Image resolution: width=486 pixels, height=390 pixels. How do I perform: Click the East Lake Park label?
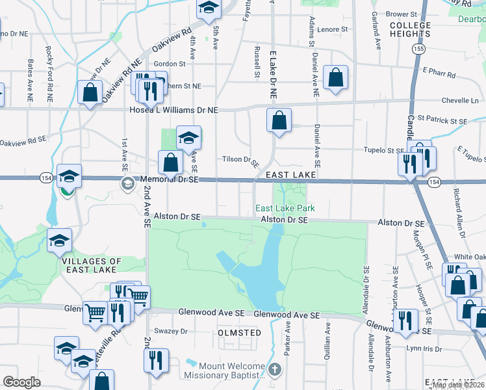[x=285, y=208]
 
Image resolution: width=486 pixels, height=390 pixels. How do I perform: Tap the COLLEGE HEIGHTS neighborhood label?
[x=410, y=30]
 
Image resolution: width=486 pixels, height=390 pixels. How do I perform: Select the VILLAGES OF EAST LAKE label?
[x=92, y=265]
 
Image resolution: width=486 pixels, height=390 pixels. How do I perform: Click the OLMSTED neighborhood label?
[x=238, y=333]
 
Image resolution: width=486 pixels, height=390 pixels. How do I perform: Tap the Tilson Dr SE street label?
[x=240, y=159]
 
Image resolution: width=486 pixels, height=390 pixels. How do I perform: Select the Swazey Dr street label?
[x=174, y=331]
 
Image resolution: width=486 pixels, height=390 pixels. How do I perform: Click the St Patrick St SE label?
[x=442, y=120]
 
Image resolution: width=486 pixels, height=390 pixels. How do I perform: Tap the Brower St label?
[x=401, y=14]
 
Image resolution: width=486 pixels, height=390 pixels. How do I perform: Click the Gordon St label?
[x=170, y=64]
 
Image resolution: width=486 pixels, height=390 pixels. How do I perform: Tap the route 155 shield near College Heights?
[x=419, y=49]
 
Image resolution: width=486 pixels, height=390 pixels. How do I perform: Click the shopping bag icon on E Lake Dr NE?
[x=279, y=120]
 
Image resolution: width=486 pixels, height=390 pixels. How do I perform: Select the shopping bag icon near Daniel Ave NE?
[x=336, y=77]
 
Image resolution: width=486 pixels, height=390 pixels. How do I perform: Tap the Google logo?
[x=21, y=382]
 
